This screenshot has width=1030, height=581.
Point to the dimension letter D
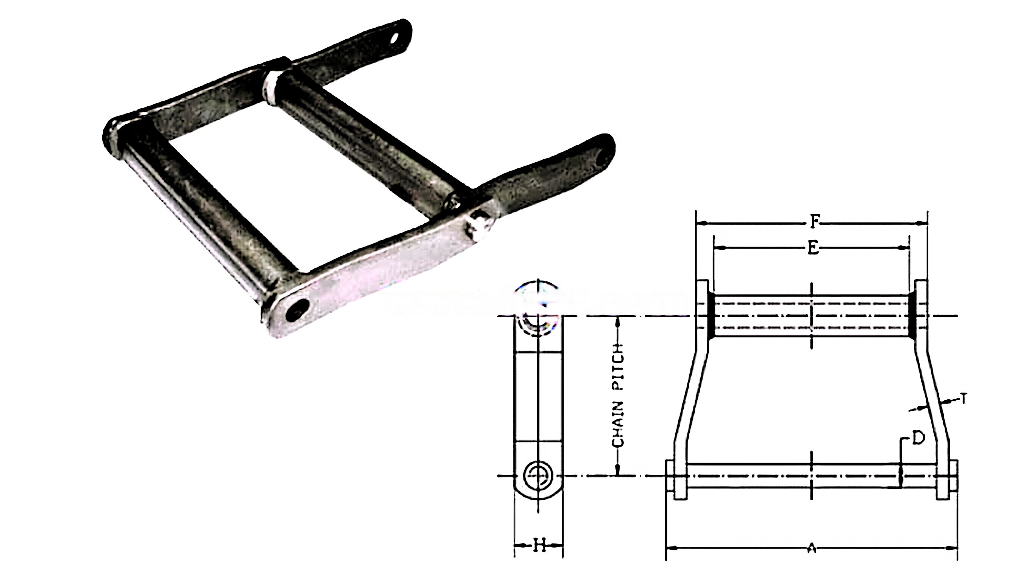click(918, 438)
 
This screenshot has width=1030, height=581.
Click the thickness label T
click(964, 398)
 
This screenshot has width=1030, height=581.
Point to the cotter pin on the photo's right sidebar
click(478, 226)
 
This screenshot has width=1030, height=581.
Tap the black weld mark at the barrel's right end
click(912, 316)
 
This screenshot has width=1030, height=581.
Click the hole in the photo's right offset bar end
click(602, 160)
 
